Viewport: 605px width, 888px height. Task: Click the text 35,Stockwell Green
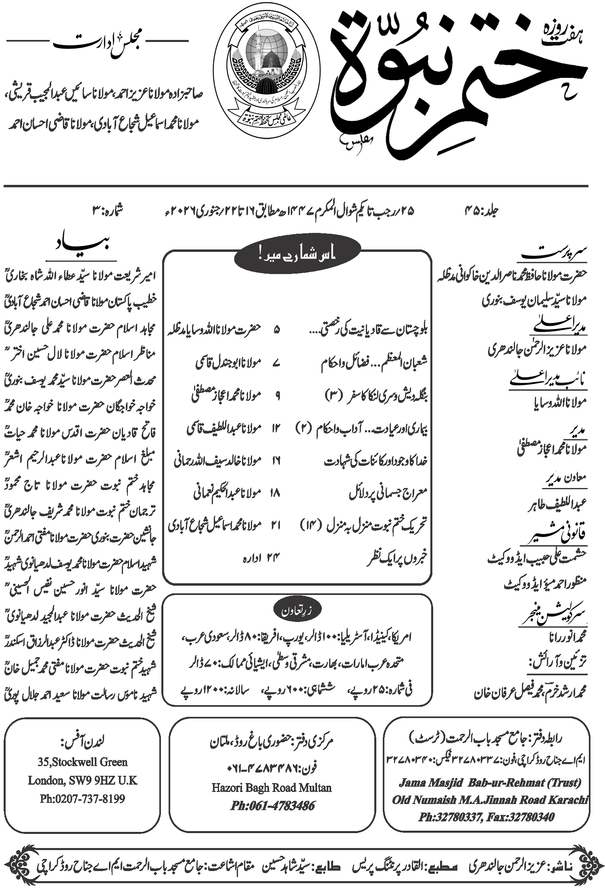point(83,762)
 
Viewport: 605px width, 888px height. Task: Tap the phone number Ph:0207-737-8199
point(82,798)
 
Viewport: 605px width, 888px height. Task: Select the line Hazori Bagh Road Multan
point(271,787)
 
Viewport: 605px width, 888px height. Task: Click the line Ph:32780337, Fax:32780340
point(486,817)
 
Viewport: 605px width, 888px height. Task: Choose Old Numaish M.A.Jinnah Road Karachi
point(490,800)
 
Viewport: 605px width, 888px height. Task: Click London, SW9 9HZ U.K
point(83,780)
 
